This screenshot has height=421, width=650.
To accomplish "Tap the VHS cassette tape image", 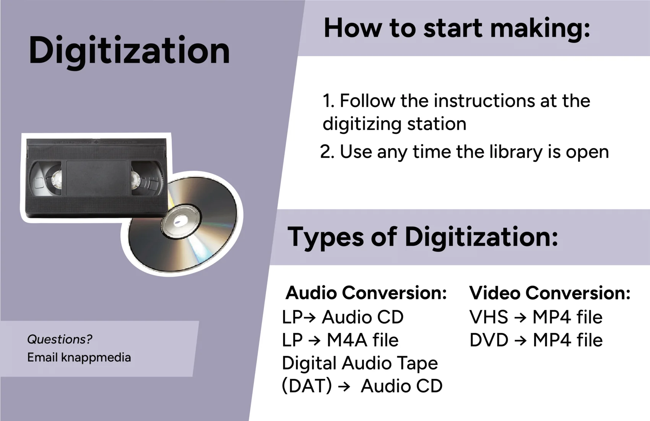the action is pos(97,178).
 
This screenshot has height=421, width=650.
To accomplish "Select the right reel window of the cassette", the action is pos(146,178).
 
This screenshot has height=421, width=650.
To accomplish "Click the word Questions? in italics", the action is pos(60,339).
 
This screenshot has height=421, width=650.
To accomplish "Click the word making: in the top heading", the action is pos(540,29).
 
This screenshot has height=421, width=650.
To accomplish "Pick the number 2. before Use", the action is pos(327,152).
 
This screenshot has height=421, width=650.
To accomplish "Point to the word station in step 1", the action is pos(437,124).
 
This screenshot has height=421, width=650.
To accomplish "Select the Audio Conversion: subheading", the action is pos(366,292).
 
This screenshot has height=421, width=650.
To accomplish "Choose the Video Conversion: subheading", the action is pos(550,292).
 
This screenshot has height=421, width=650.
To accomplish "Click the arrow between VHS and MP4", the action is pos(520,317).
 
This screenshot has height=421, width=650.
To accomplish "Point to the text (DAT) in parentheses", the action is pos(307,386).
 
